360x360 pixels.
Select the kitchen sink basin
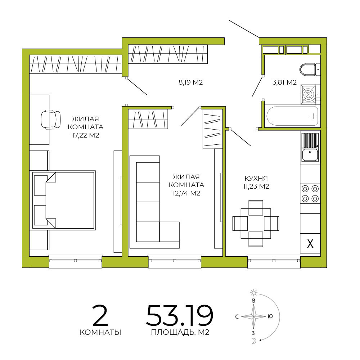pos(310,155)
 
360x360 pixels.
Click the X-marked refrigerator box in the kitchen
pos(310,243)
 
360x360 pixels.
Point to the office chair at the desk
pos(50,120)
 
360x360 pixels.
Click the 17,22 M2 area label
pos(85,135)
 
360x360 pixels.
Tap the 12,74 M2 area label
pos(186,193)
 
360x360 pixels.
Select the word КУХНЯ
pos(256,179)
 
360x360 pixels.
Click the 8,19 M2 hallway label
pos(190,82)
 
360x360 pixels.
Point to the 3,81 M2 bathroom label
pos(284,82)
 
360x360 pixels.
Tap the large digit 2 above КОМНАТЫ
pos(100,315)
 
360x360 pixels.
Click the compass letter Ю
pos(270,316)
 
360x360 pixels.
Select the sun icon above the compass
pos(253,292)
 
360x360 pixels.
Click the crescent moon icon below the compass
pos(254,341)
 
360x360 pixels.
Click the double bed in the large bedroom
pos(64,200)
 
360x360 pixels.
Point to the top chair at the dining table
pos(256,208)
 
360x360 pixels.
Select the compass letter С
pos(237,317)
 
